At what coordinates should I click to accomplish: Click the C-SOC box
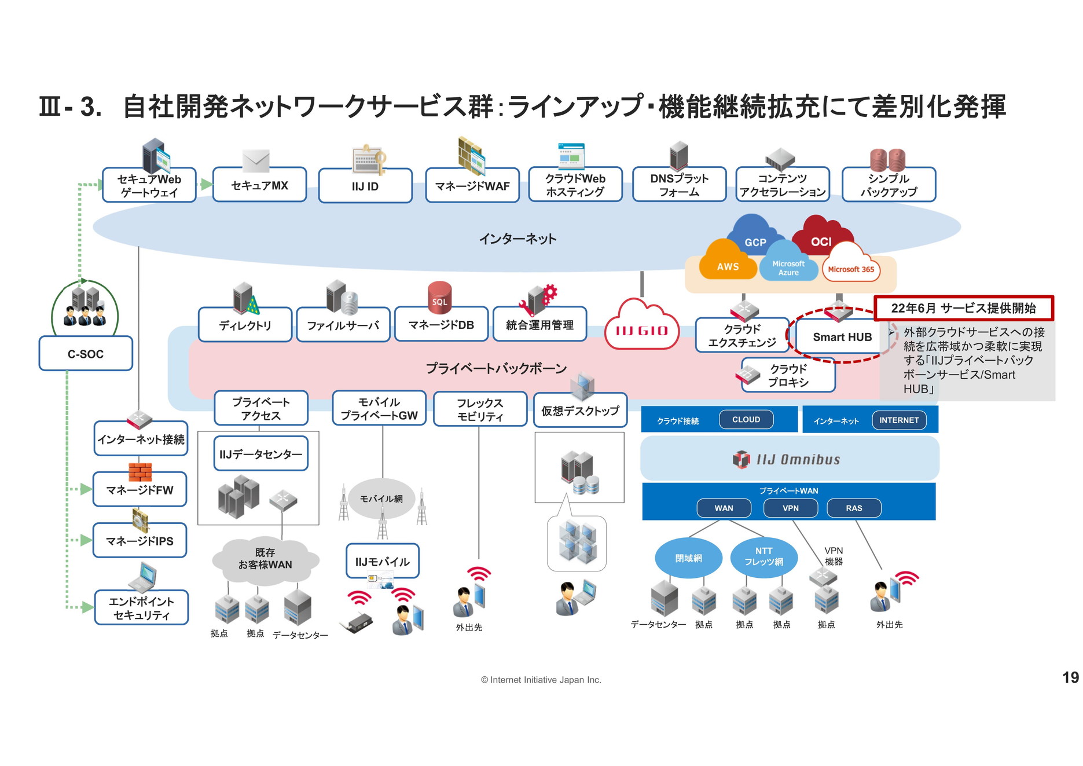[x=86, y=354]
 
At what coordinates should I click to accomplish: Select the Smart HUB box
[x=842, y=337]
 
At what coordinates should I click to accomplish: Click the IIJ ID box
[x=365, y=186]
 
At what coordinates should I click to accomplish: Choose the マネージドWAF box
[x=472, y=186]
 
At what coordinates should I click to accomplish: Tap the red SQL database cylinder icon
[x=439, y=297]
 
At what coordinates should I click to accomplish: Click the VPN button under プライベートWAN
[x=790, y=508]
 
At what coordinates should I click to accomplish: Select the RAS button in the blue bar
[x=854, y=508]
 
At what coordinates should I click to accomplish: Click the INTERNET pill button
[x=899, y=420]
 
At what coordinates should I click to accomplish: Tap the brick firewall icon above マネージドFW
[x=140, y=472]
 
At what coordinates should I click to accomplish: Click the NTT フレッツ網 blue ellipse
[x=763, y=557]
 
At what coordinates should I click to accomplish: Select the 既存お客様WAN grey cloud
[x=265, y=559]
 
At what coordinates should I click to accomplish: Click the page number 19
[x=1070, y=677]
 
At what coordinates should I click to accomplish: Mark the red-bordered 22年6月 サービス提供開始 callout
[x=963, y=308]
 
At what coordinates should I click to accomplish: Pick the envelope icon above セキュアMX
[x=256, y=160]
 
